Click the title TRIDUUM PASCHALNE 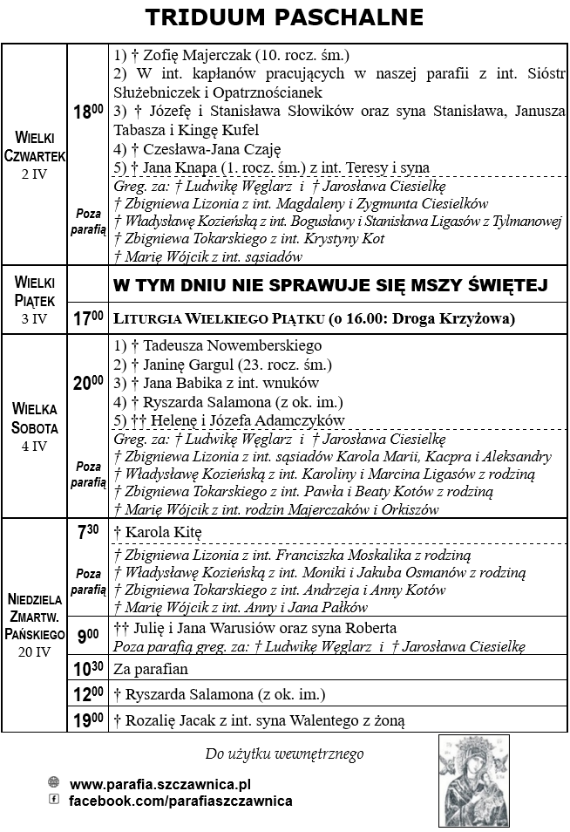(x=284, y=17)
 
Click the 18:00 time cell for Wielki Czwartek (x=88, y=112)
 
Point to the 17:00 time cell (x=88, y=318)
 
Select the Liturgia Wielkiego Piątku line (x=315, y=318)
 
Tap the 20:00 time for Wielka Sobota (x=88, y=382)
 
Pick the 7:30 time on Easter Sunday (x=88, y=531)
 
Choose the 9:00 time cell (x=88, y=637)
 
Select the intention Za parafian (x=151, y=670)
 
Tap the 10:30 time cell (x=88, y=669)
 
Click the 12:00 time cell (x=88, y=694)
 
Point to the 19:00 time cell (x=88, y=719)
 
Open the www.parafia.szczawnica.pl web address (x=160, y=784)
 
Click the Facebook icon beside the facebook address (x=54, y=799)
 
